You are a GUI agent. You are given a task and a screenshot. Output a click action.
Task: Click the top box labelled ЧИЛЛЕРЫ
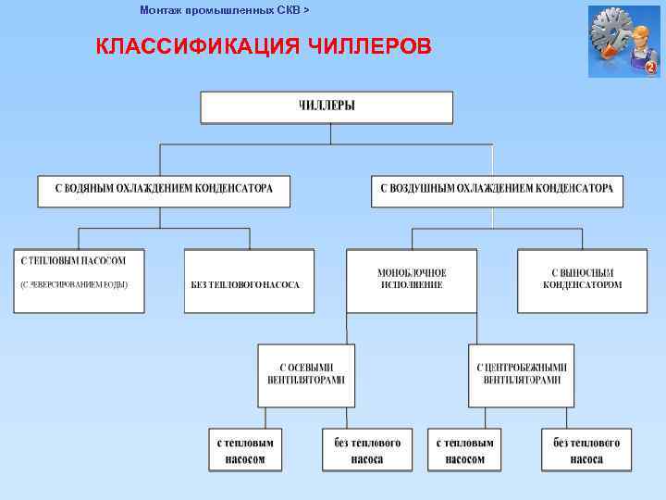(327, 106)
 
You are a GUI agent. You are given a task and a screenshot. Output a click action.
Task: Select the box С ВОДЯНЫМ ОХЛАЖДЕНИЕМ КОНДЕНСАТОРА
(163, 190)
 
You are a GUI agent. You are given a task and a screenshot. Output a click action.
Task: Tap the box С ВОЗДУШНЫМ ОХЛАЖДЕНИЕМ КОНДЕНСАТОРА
(497, 190)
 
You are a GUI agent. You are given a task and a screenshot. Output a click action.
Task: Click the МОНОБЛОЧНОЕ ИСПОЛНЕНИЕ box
(412, 279)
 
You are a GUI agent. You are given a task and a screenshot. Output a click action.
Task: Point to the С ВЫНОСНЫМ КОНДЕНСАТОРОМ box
(582, 279)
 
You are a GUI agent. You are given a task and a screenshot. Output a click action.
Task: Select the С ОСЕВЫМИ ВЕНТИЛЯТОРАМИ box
(306, 374)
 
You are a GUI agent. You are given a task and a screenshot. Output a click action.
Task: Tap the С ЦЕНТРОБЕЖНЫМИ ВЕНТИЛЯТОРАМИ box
(521, 374)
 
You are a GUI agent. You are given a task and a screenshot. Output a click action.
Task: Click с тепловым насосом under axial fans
(245, 450)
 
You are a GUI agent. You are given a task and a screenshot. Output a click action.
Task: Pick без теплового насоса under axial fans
(367, 450)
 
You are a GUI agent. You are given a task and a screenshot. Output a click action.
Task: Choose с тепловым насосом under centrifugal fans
(464, 450)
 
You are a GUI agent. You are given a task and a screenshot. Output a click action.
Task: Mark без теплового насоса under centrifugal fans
(586, 450)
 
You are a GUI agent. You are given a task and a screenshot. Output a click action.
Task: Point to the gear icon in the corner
(611, 34)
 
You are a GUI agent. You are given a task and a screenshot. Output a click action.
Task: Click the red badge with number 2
(650, 68)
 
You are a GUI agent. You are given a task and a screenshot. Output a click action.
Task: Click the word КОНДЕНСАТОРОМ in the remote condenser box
(583, 285)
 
